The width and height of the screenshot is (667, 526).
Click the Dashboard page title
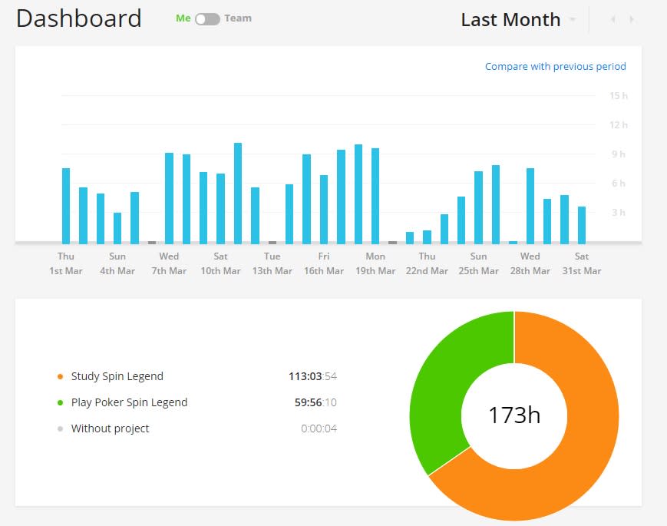coord(79,18)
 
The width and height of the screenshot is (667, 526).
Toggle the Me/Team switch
coord(207,19)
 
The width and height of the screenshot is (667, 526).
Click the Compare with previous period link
coord(555,66)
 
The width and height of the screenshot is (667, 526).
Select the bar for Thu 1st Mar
coord(66,206)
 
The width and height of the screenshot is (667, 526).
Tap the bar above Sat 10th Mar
coord(220,209)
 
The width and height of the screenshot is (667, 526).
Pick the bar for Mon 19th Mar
coord(375,196)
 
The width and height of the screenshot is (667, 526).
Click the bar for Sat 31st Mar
coord(582,225)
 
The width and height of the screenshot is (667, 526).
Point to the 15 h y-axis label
coord(619,96)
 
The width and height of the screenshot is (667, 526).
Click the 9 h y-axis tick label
coord(619,154)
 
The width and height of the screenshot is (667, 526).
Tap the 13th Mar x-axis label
coord(272,270)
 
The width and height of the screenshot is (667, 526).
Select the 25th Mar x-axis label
coord(478,270)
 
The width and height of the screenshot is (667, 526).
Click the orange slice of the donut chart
coord(592,425)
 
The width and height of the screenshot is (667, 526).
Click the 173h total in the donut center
coord(514,415)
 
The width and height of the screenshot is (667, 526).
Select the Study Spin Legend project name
coord(117,376)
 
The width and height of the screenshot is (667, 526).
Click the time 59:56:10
coord(315,402)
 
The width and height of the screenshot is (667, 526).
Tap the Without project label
coord(111,428)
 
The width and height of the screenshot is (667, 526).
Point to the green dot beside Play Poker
coord(61,402)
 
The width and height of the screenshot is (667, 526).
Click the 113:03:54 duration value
coord(312,376)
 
